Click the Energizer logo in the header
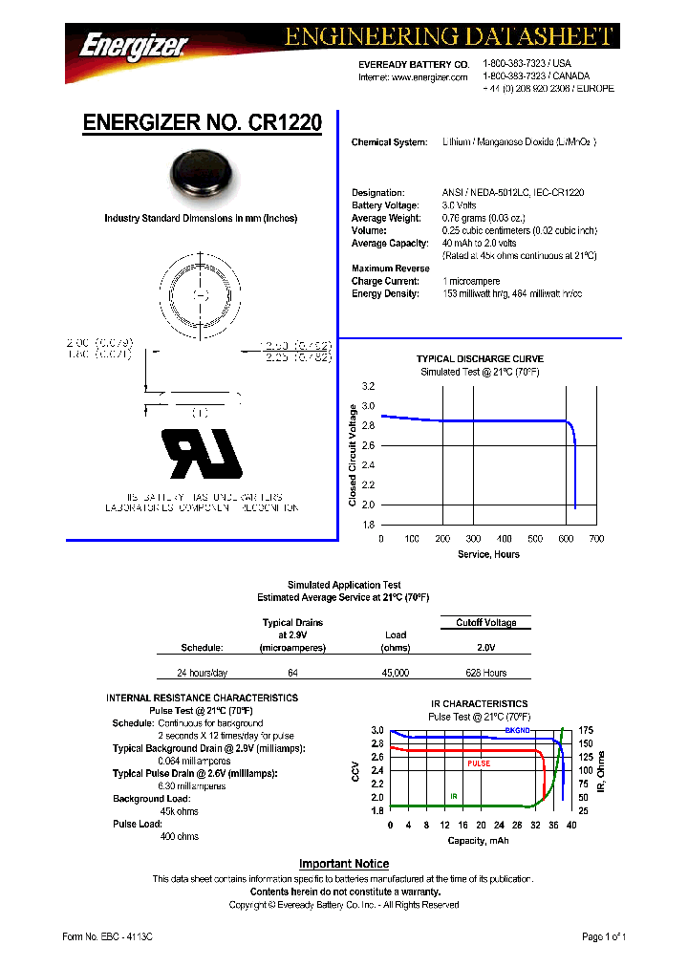133,44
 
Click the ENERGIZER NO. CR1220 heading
202,123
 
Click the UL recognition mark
202,454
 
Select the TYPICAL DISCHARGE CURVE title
480,359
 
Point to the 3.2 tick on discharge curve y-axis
368,386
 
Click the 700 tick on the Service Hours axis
595,539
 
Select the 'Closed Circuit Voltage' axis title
353,456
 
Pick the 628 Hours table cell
485,673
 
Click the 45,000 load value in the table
396,673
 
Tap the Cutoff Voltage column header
485,623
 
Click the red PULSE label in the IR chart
479,763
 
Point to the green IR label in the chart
455,795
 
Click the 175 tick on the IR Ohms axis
586,730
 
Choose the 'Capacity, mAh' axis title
478,840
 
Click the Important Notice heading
344,864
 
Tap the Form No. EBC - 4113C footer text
107,936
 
